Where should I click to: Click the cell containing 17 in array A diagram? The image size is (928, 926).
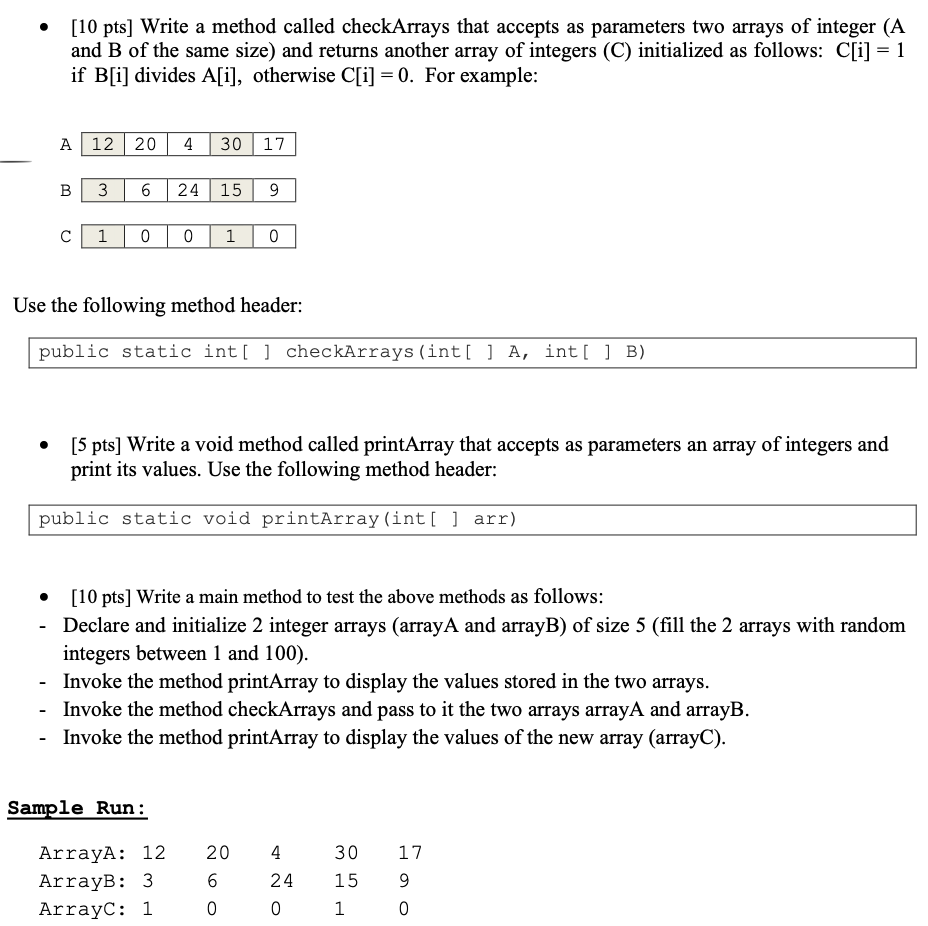coord(274,144)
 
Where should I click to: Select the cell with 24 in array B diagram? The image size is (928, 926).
coord(188,190)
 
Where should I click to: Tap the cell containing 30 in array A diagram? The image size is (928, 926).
coord(232,144)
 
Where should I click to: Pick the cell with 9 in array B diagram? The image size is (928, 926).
coord(274,190)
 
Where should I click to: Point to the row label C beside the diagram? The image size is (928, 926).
coord(65,237)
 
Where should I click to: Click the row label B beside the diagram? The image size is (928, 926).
coord(65,190)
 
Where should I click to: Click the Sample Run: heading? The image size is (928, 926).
coord(77,807)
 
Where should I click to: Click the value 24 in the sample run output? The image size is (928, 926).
coord(282,881)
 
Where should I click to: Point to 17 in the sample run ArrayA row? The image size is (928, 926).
coord(410,853)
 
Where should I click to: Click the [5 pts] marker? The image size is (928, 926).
coord(97,445)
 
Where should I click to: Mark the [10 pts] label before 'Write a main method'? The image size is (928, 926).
coord(101,598)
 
